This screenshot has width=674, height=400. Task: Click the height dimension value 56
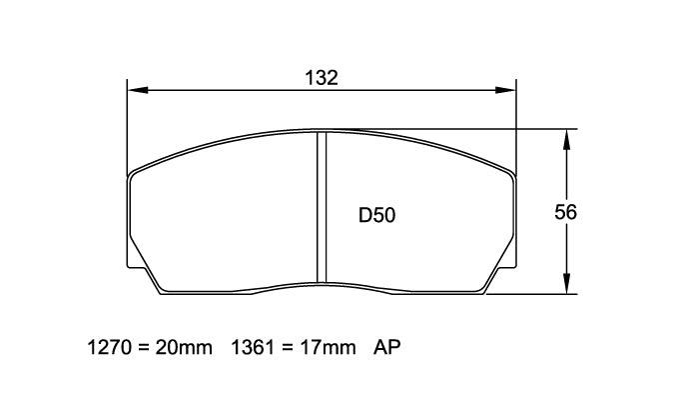565,212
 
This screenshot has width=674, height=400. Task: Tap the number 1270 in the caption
111,348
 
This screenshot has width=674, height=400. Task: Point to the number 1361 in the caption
253,348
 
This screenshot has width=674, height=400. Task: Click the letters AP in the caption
386,348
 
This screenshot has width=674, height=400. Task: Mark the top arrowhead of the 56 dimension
567,137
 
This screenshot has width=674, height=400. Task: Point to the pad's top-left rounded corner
134,171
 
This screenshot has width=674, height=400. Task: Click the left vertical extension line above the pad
127,125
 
